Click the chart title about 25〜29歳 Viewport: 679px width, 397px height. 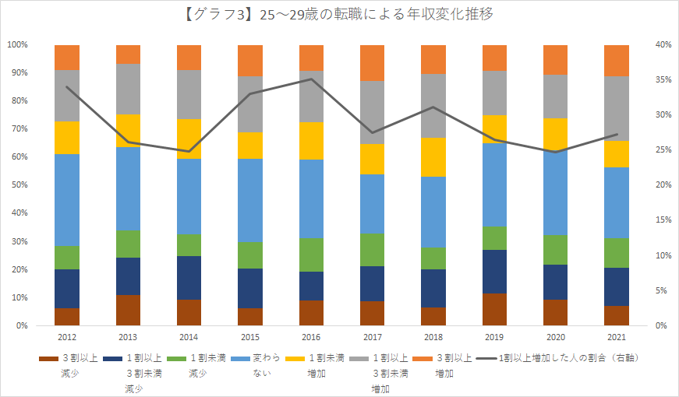[x=339, y=14]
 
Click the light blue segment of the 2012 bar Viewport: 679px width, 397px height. [x=67, y=200]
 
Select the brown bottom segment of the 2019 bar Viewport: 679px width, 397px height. [x=494, y=310]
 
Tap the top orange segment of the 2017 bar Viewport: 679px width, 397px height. [x=373, y=63]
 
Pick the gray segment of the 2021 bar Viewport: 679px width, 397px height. [x=616, y=109]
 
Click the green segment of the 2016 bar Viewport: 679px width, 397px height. [x=311, y=255]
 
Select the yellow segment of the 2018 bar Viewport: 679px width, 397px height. [x=433, y=157]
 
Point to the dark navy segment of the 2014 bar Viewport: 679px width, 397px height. [x=189, y=278]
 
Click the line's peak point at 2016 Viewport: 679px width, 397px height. [x=311, y=79]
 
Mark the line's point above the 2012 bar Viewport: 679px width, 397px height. [x=67, y=86]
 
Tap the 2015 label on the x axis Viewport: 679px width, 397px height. [x=250, y=337]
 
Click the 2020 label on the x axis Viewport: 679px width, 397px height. [x=555, y=337]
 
